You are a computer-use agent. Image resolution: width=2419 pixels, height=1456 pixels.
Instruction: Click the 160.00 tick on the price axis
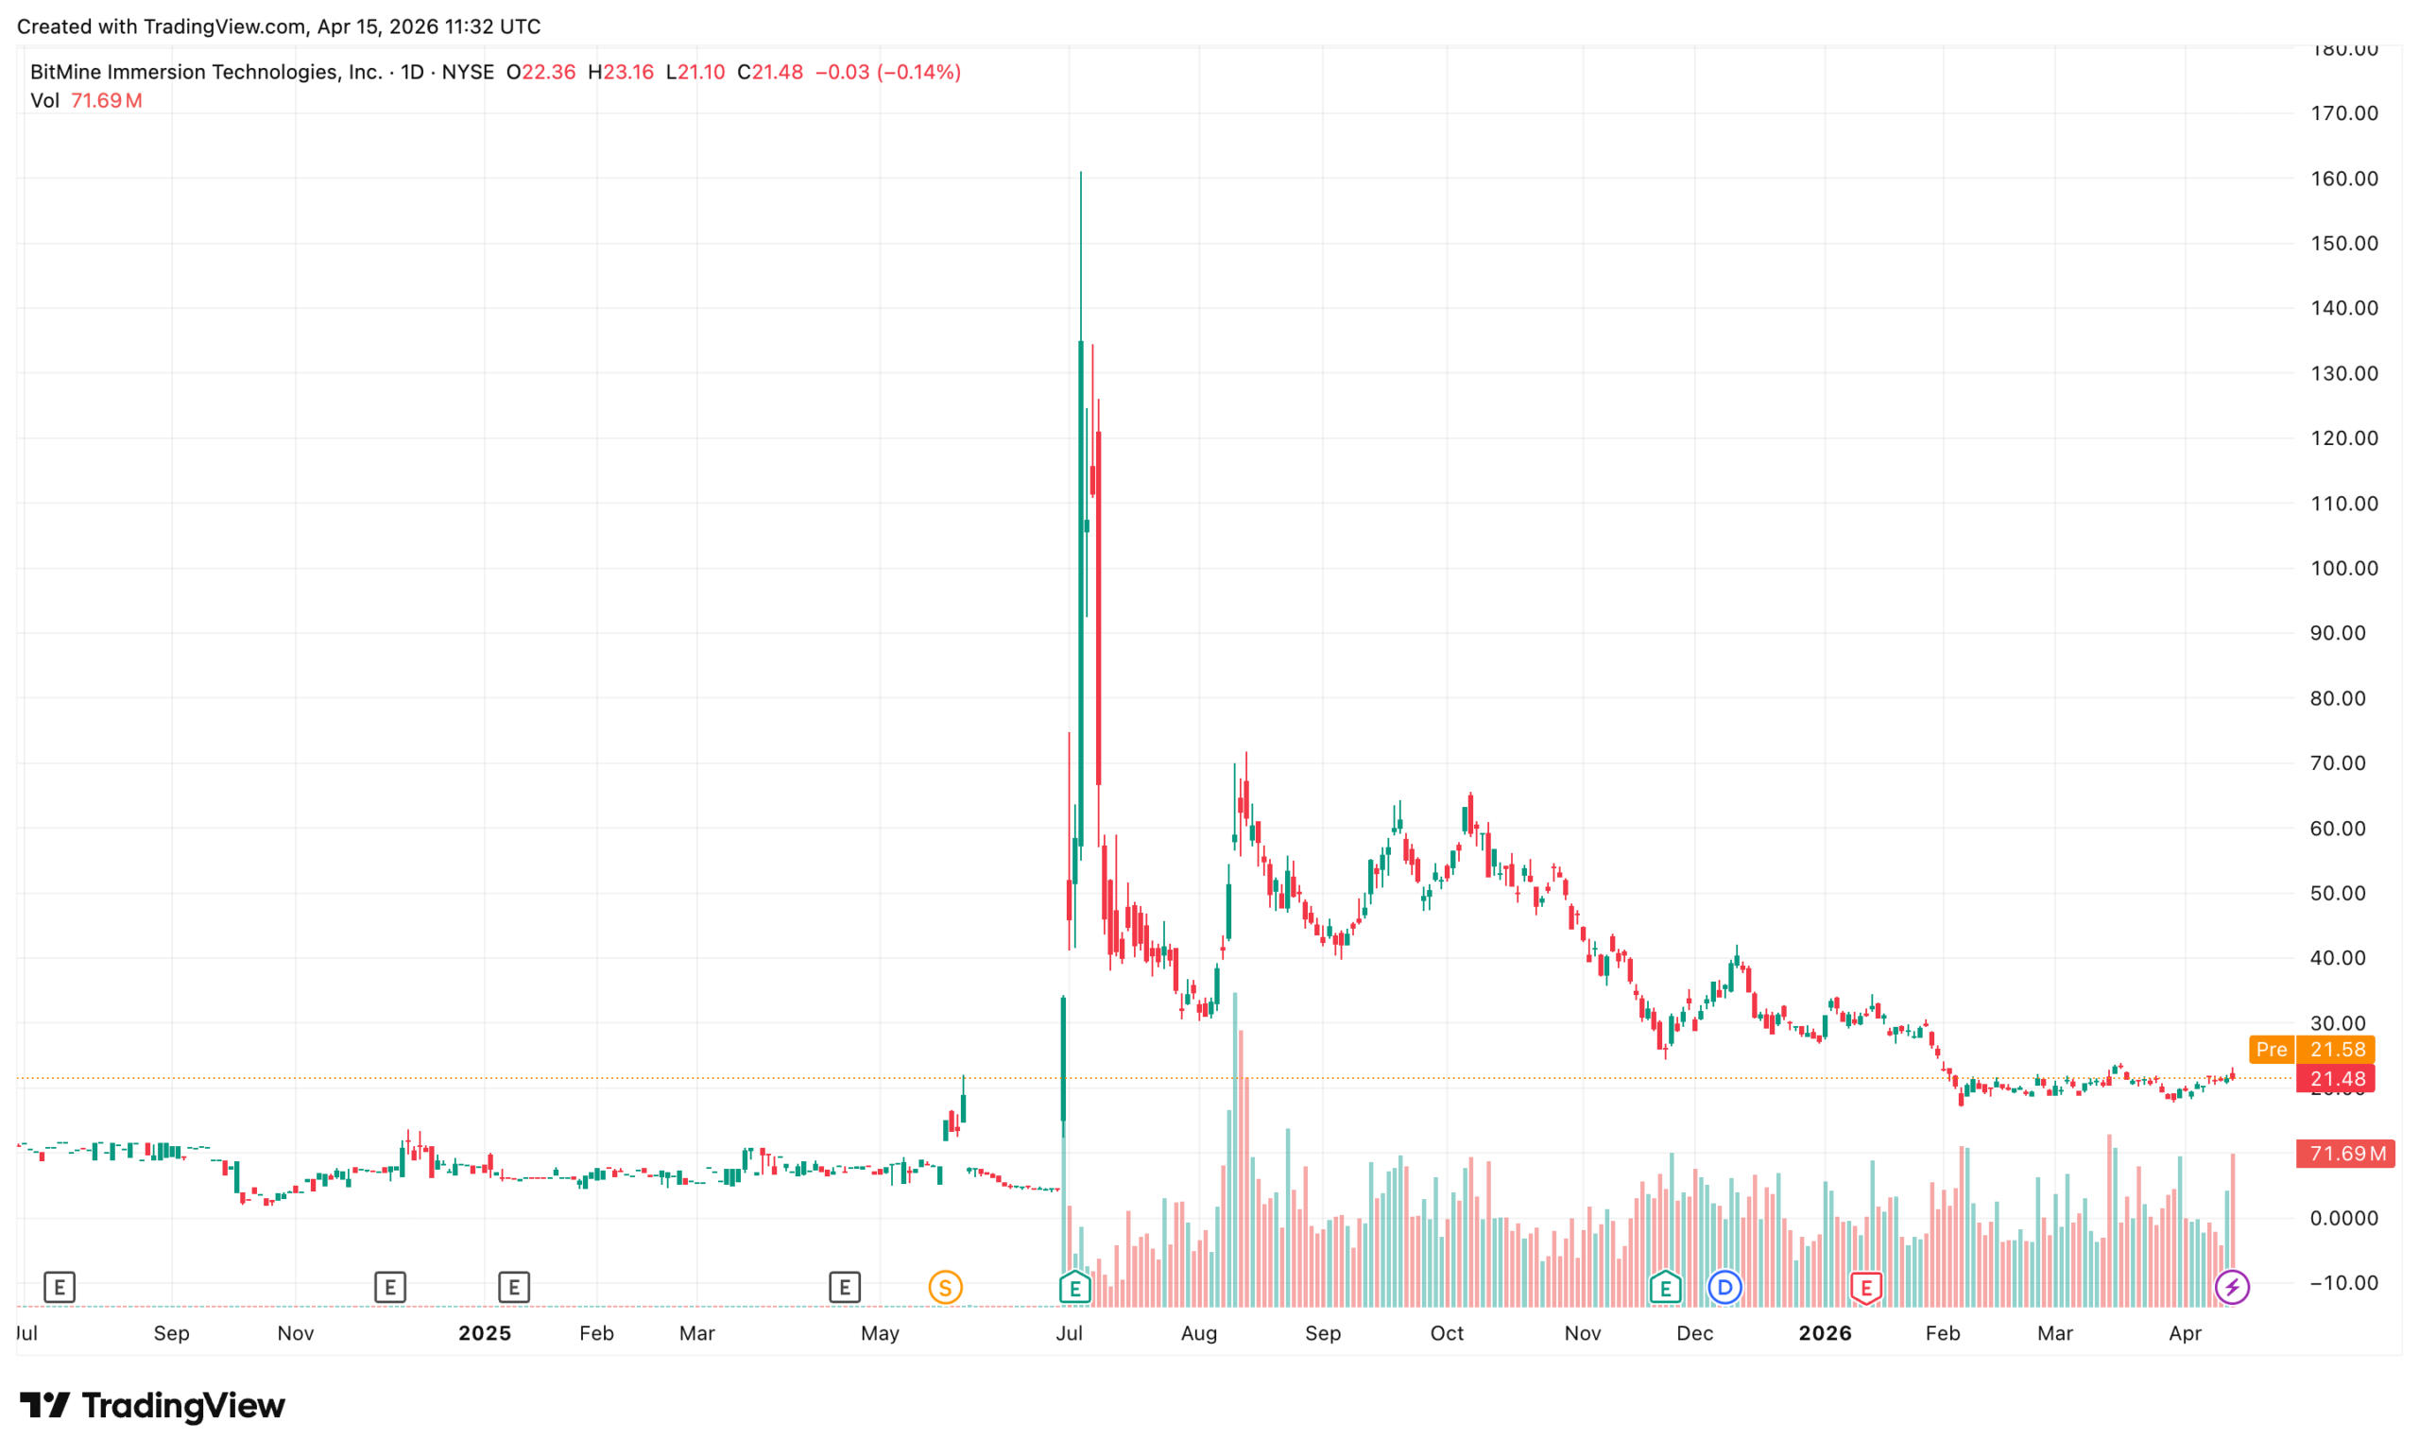[x=2342, y=179]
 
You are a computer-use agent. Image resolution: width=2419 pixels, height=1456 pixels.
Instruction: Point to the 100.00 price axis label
[x=2342, y=568]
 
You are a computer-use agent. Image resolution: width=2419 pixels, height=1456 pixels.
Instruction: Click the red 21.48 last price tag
[x=2336, y=1079]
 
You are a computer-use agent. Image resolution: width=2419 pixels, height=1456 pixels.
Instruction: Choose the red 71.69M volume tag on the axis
[x=2343, y=1153]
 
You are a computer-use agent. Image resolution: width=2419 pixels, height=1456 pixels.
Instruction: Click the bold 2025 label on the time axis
[x=485, y=1332]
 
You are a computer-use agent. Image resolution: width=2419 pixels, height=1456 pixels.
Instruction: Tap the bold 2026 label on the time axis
[x=1824, y=1332]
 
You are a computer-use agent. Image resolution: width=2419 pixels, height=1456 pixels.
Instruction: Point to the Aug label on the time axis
[x=1198, y=1332]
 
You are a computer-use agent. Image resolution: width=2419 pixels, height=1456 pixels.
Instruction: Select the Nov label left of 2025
[x=295, y=1332]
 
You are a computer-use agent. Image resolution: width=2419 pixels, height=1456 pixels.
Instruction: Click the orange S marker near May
[x=945, y=1286]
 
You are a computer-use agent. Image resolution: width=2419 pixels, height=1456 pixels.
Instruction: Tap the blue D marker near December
[x=1724, y=1286]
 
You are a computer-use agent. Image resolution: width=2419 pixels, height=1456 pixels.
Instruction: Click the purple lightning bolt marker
[x=2231, y=1286]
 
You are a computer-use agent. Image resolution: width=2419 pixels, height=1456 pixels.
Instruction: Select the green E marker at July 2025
[x=1074, y=1286]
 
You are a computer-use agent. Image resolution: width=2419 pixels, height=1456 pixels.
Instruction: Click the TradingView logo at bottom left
[x=152, y=1405]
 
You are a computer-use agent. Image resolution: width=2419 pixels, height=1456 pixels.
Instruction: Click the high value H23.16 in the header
[x=620, y=72]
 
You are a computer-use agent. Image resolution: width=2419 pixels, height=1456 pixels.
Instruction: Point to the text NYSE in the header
[x=468, y=72]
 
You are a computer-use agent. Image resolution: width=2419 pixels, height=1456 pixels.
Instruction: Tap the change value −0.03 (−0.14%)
[x=887, y=72]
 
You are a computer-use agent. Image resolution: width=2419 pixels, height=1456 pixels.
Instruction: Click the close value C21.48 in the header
[x=770, y=72]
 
